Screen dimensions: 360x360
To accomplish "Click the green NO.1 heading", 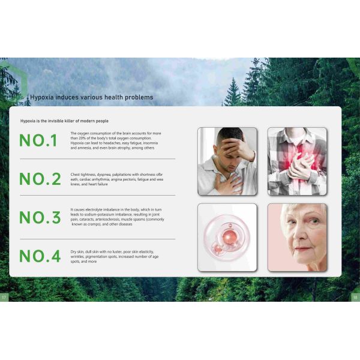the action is coord(38,140).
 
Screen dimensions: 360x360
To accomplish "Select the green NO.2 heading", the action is coord(40,179).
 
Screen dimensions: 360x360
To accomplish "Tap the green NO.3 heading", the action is coord(40,217).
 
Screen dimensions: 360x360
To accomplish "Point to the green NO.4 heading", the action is coord(40,256).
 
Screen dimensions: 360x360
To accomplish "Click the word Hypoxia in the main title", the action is coord(42,97).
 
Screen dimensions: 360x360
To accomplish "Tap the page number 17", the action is coord(4,298).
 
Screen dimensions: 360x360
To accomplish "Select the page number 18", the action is coord(355,298).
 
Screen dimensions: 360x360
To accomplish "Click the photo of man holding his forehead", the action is coord(227,161).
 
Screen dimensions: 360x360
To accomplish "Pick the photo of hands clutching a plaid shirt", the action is coord(297,161).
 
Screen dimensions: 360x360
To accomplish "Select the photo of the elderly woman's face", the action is coord(297,238).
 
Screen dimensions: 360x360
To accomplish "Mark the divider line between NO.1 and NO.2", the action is coord(98,158).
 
